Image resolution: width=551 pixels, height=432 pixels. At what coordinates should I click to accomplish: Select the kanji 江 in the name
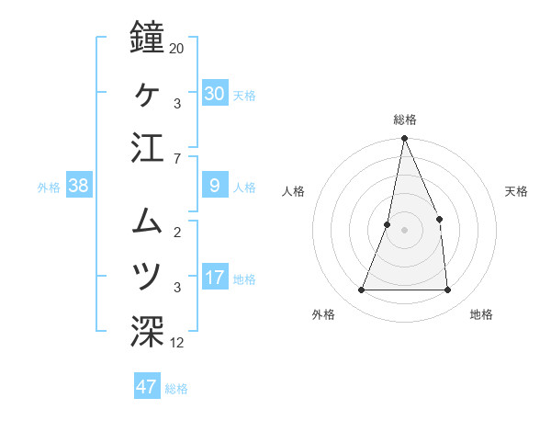[148, 150]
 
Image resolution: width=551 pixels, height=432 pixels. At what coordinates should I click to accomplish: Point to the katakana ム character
[148, 221]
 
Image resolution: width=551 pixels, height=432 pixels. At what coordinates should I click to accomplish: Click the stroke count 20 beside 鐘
[177, 48]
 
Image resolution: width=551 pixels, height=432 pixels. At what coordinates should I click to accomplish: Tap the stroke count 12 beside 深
[177, 344]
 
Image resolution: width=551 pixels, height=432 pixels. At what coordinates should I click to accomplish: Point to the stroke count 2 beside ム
[176, 232]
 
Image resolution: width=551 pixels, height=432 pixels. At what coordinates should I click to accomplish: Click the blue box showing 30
[214, 94]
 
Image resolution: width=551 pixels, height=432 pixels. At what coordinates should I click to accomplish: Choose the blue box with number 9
[214, 187]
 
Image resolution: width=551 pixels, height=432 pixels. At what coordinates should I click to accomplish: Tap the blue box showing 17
[214, 279]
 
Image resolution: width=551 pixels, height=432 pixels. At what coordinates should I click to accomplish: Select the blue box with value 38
[79, 187]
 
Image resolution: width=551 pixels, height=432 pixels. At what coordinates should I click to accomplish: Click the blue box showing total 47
[146, 387]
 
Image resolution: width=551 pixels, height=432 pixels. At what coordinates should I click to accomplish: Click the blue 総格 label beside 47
[176, 389]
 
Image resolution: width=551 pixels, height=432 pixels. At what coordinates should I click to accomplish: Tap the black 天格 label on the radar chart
[517, 191]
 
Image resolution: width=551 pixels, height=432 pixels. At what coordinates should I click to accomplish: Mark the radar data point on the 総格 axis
[404, 139]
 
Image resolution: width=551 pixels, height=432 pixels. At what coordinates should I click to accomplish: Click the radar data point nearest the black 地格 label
[447, 290]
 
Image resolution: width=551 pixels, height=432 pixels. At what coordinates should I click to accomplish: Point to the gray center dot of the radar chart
[404, 230]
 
